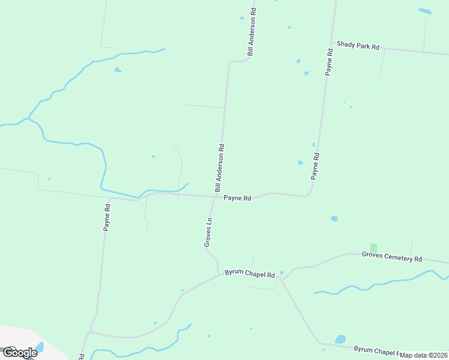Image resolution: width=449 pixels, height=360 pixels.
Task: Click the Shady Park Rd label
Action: [358, 46]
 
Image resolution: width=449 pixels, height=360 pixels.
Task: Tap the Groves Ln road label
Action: [209, 232]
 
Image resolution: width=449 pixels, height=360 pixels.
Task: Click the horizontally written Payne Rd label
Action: [237, 198]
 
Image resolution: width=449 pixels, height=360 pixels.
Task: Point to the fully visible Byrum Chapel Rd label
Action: [250, 273]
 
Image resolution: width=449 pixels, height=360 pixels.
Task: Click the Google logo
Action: [19, 352]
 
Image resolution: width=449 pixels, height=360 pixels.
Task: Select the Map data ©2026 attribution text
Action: [424, 355]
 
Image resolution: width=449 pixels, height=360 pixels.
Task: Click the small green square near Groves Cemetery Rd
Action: [373, 247]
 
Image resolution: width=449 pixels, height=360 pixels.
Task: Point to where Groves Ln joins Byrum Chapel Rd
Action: [218, 275]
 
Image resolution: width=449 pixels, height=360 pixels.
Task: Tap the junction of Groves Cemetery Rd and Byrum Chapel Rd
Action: [282, 278]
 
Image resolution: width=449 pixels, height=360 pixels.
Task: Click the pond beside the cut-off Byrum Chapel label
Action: [340, 339]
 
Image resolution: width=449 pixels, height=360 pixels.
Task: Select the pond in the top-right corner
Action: [425, 11]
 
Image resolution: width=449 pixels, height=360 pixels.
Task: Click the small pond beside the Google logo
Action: [40, 347]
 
